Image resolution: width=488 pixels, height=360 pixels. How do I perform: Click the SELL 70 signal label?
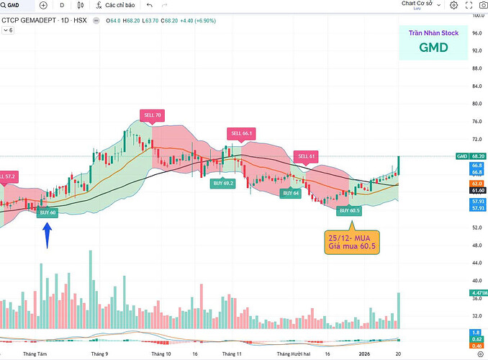(151, 114)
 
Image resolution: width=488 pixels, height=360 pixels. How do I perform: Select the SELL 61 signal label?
(307, 156)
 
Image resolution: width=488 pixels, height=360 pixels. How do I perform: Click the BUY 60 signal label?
(48, 212)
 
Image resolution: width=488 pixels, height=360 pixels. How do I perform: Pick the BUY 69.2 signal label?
(222, 184)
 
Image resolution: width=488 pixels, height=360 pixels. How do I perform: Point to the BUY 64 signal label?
(291, 193)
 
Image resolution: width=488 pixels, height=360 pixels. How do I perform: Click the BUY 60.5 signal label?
(350, 210)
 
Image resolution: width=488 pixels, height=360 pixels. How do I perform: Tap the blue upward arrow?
(48, 235)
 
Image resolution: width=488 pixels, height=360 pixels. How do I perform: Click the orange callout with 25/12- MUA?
(352, 243)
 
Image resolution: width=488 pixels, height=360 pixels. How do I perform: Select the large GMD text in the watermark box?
(434, 48)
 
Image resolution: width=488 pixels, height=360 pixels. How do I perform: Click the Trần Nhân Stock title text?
(434, 32)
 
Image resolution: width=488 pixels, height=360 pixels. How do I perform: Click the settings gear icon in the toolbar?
(454, 5)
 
